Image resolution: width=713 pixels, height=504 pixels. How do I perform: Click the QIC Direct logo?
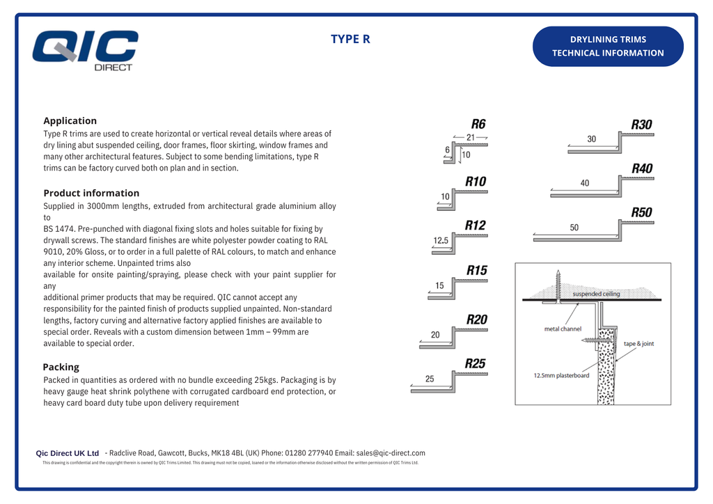click(x=85, y=50)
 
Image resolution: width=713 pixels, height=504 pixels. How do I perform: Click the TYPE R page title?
click(x=350, y=39)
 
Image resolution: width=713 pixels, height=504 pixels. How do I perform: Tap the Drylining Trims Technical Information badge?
click(x=608, y=46)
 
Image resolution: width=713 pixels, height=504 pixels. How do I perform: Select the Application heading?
click(x=70, y=120)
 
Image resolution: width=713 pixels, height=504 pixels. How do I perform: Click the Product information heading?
click(x=91, y=193)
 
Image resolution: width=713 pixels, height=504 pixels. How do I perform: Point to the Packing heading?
click(x=61, y=367)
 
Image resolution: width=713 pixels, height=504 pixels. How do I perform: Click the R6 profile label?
click(x=478, y=124)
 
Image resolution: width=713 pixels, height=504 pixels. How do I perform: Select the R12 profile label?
click(x=476, y=225)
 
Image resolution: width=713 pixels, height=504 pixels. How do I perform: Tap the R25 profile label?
click(x=476, y=363)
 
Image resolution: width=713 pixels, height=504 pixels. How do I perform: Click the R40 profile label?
click(x=642, y=168)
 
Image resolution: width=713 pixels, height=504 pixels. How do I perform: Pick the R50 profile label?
click(x=642, y=212)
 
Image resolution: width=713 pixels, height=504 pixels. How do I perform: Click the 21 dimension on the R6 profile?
click(x=471, y=137)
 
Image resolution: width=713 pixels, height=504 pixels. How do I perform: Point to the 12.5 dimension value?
click(x=441, y=240)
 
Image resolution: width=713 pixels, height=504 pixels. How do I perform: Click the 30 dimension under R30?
click(x=591, y=139)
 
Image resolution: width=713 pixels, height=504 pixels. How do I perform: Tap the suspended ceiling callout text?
click(x=596, y=294)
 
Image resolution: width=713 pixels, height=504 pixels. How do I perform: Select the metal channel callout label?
click(x=563, y=329)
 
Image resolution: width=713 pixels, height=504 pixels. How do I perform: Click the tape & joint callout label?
click(x=638, y=344)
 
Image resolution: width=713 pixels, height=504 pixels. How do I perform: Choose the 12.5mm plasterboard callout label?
click(x=561, y=376)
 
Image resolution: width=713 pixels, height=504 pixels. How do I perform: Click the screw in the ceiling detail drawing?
click(x=558, y=285)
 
